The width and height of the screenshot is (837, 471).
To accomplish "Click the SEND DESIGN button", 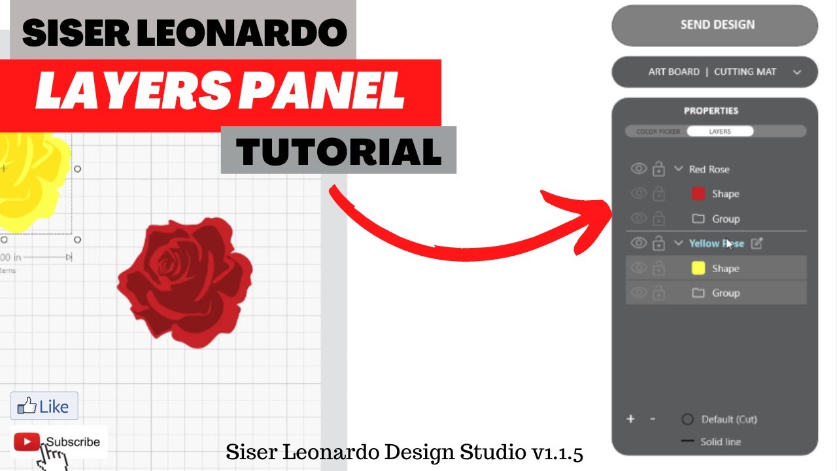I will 715,26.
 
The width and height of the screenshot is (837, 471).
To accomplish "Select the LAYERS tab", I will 719,131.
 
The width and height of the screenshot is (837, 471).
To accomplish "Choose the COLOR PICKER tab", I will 658,131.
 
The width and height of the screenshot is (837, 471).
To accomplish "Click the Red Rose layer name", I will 709,169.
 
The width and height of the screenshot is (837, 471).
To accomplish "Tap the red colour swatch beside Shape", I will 698,194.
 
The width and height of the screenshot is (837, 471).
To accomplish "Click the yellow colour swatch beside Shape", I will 698,268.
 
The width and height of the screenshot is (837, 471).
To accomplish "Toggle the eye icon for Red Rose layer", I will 638,169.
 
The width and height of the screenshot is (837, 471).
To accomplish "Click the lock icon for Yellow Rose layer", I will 658,243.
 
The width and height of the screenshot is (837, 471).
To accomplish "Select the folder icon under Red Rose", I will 698,218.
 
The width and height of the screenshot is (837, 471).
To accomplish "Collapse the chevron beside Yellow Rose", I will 678,243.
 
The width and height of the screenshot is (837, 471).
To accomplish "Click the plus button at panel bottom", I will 630,419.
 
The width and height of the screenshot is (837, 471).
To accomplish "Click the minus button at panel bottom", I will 652,419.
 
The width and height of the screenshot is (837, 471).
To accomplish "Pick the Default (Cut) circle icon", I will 687,419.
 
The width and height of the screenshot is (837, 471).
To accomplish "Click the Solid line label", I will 720,442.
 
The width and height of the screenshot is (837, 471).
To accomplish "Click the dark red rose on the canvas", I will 185,281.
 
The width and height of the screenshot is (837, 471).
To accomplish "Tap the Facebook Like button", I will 44,406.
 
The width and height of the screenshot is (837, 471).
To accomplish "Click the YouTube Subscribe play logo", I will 27,442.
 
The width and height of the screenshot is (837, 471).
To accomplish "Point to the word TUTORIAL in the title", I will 338,151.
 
